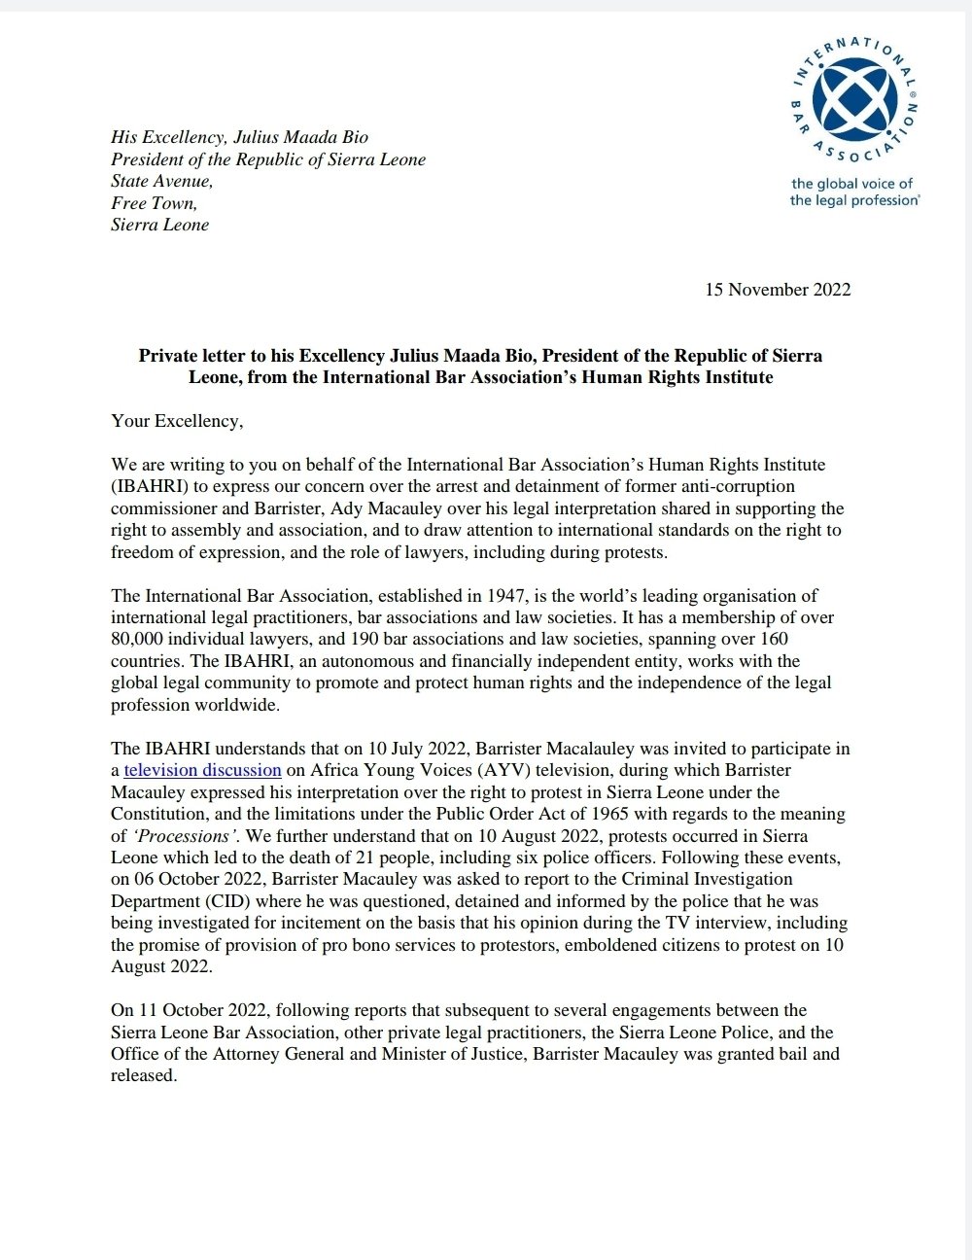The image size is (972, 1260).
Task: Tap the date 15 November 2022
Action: (x=778, y=290)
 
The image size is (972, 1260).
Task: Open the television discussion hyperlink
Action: (x=203, y=771)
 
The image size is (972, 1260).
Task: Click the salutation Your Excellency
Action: (x=175, y=421)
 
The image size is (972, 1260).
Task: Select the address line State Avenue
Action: (x=161, y=182)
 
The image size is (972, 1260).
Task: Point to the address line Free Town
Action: (x=154, y=203)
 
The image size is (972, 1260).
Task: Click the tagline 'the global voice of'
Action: (x=851, y=184)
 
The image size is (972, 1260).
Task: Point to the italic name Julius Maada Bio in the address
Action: (x=300, y=137)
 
